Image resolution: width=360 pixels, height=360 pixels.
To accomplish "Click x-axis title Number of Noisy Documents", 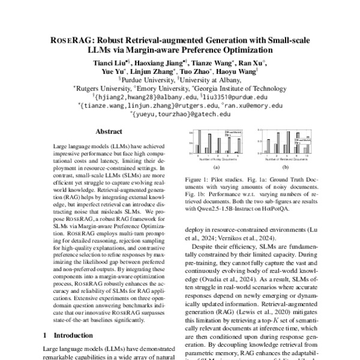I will pyautogui.click(x=214, y=159).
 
